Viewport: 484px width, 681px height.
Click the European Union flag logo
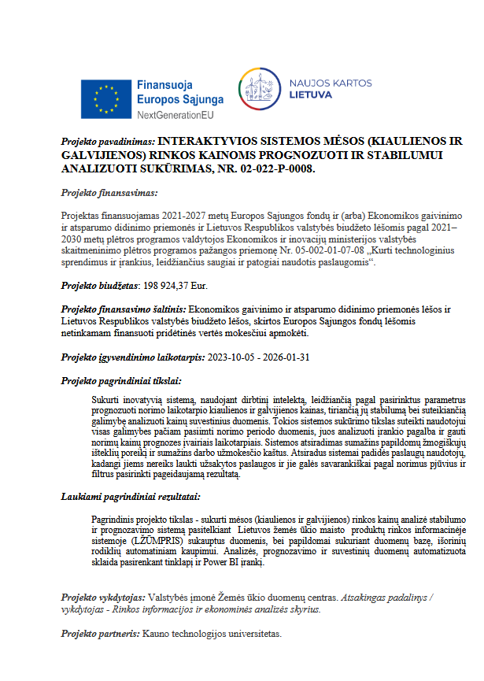click(x=106, y=98)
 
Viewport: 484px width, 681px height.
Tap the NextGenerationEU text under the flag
click(x=175, y=115)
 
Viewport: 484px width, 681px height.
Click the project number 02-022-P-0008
click(x=272, y=168)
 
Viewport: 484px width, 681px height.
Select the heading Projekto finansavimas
click(x=109, y=192)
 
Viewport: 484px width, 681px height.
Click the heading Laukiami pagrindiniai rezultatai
click(x=131, y=497)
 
